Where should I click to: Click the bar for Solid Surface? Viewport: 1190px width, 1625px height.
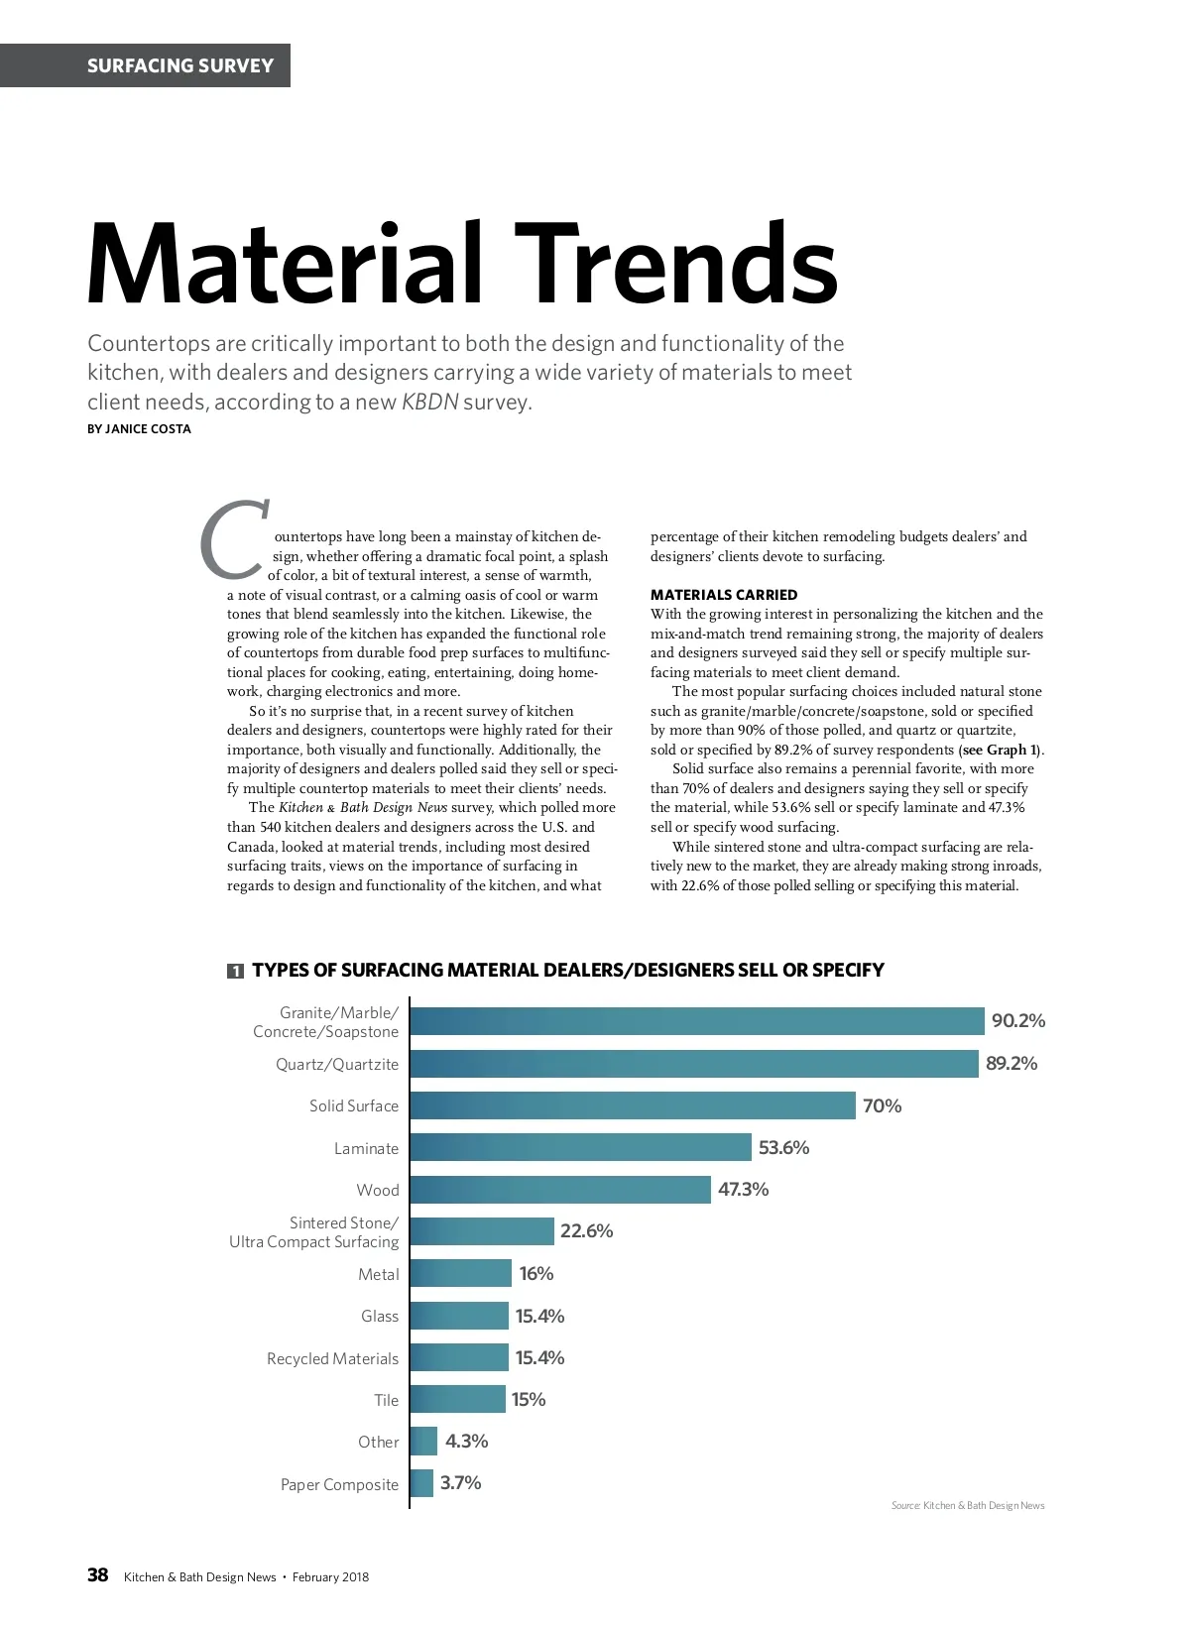(x=633, y=1105)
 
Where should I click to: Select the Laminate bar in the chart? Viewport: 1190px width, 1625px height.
(x=581, y=1148)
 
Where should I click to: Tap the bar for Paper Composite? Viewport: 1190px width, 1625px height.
(x=422, y=1483)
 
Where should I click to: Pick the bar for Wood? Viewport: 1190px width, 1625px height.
(x=560, y=1190)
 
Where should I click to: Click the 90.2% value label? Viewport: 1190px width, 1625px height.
(x=1017, y=1021)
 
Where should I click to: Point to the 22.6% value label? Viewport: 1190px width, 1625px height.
(x=587, y=1231)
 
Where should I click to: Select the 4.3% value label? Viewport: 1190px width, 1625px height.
(x=466, y=1442)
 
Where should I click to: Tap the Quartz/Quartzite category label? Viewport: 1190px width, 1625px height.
(x=337, y=1065)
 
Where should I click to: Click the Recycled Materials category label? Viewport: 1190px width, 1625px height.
(x=332, y=1358)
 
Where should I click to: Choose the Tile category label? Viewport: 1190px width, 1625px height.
(x=386, y=1400)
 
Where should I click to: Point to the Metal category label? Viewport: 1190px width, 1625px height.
(x=378, y=1274)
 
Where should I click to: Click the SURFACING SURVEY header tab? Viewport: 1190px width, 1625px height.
(x=179, y=65)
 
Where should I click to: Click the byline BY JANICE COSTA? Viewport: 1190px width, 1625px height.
(x=140, y=429)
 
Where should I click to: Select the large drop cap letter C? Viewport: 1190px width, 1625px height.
(x=234, y=539)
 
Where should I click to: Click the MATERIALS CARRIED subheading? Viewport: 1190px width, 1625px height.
(x=724, y=595)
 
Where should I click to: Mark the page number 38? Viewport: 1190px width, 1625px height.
(x=98, y=1575)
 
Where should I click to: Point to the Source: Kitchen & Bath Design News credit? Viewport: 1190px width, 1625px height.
(x=968, y=1505)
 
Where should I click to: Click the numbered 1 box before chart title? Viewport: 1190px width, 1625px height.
(x=235, y=972)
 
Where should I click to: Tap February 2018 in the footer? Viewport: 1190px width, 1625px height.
(x=330, y=1576)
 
